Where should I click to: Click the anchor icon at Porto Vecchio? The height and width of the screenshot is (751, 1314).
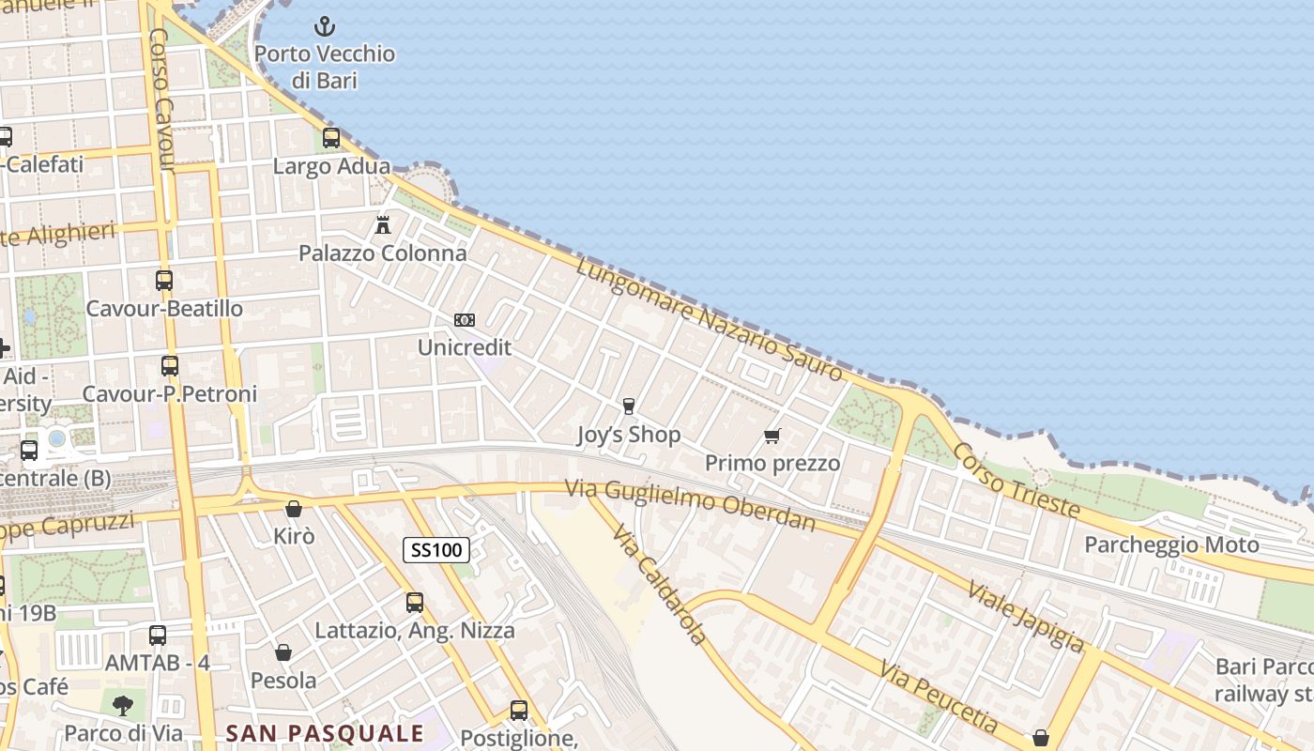[x=324, y=26]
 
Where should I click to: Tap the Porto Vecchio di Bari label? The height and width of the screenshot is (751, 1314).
[x=324, y=67]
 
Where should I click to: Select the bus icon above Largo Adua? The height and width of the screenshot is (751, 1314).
[x=331, y=138]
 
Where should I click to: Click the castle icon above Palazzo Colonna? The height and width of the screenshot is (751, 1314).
[x=382, y=224]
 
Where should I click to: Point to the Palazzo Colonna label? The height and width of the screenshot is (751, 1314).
[x=382, y=253]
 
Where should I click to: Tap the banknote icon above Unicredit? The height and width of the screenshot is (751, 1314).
[x=464, y=320]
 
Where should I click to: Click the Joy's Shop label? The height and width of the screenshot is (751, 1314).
[x=628, y=436]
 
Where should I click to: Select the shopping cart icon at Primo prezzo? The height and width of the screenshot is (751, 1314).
[x=772, y=436]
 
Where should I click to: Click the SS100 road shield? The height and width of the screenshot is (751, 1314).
[x=436, y=550]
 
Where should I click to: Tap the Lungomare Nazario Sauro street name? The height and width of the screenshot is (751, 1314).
[x=709, y=319]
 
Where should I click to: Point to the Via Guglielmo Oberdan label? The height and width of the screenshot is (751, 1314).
[x=690, y=504]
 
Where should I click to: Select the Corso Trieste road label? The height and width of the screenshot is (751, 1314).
[x=1016, y=480]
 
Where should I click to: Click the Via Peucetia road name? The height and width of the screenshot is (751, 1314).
[x=939, y=696]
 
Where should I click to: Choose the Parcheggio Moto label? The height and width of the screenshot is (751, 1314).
[x=1171, y=545]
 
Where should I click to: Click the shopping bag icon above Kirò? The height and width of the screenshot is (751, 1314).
[x=294, y=509]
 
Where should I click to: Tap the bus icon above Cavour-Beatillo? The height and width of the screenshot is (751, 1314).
[x=164, y=280]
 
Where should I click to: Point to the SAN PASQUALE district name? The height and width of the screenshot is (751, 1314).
[x=325, y=733]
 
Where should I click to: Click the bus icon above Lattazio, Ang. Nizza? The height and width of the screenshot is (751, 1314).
[x=414, y=603]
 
